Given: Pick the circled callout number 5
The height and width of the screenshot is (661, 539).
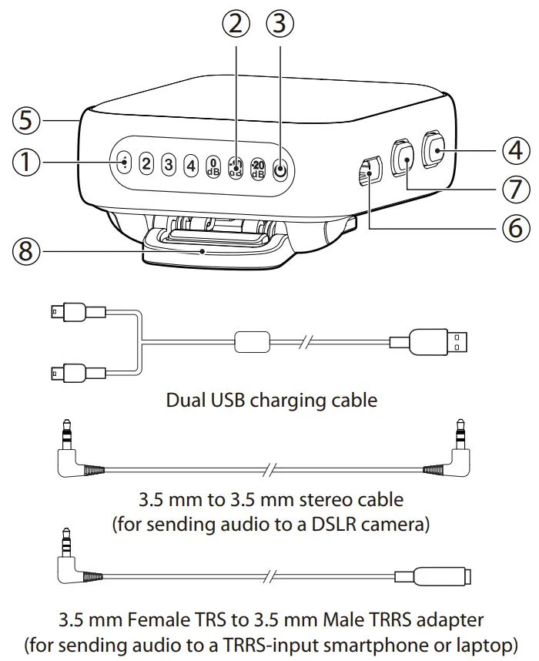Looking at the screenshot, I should (x=28, y=120).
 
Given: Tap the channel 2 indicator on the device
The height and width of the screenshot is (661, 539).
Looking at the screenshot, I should (x=146, y=164).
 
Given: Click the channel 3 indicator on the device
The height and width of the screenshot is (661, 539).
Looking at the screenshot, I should (x=168, y=164).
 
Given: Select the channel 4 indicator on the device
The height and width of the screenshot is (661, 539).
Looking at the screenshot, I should (x=190, y=164).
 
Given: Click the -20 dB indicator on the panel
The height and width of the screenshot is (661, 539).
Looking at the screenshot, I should (x=258, y=169).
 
